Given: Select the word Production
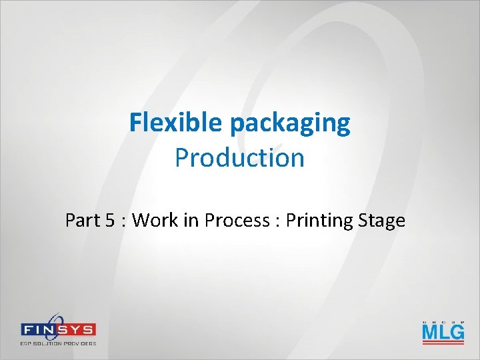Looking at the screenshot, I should pos(239,158).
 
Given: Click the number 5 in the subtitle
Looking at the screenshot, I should pos(111,220).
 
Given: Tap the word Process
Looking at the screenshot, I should pos(237,220).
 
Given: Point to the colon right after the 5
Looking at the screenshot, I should pos(124,221).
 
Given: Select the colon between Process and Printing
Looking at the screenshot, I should pos(277,221).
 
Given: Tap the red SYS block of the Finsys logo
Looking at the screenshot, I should pos(78,330).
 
